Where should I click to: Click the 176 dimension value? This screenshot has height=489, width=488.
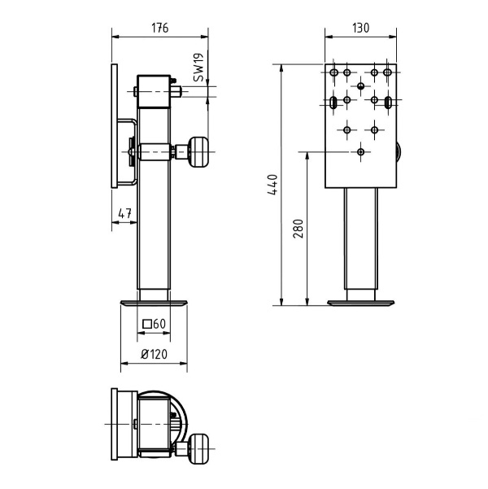[159, 28]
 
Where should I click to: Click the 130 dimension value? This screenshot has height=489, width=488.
[361, 28]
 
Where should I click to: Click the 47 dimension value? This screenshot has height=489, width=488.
[124, 213]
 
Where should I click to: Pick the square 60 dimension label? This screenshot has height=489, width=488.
[154, 324]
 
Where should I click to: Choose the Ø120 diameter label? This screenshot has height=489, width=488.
[154, 354]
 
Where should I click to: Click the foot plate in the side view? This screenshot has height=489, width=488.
[154, 303]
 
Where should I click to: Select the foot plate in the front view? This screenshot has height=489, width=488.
[361, 303]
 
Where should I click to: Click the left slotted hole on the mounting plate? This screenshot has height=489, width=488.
[333, 101]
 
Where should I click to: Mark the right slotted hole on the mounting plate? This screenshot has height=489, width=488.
[389, 101]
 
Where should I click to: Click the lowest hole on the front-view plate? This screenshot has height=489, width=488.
[361, 151]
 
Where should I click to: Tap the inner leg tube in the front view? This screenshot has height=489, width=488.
[361, 244]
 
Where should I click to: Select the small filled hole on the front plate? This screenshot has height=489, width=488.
[361, 85]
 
